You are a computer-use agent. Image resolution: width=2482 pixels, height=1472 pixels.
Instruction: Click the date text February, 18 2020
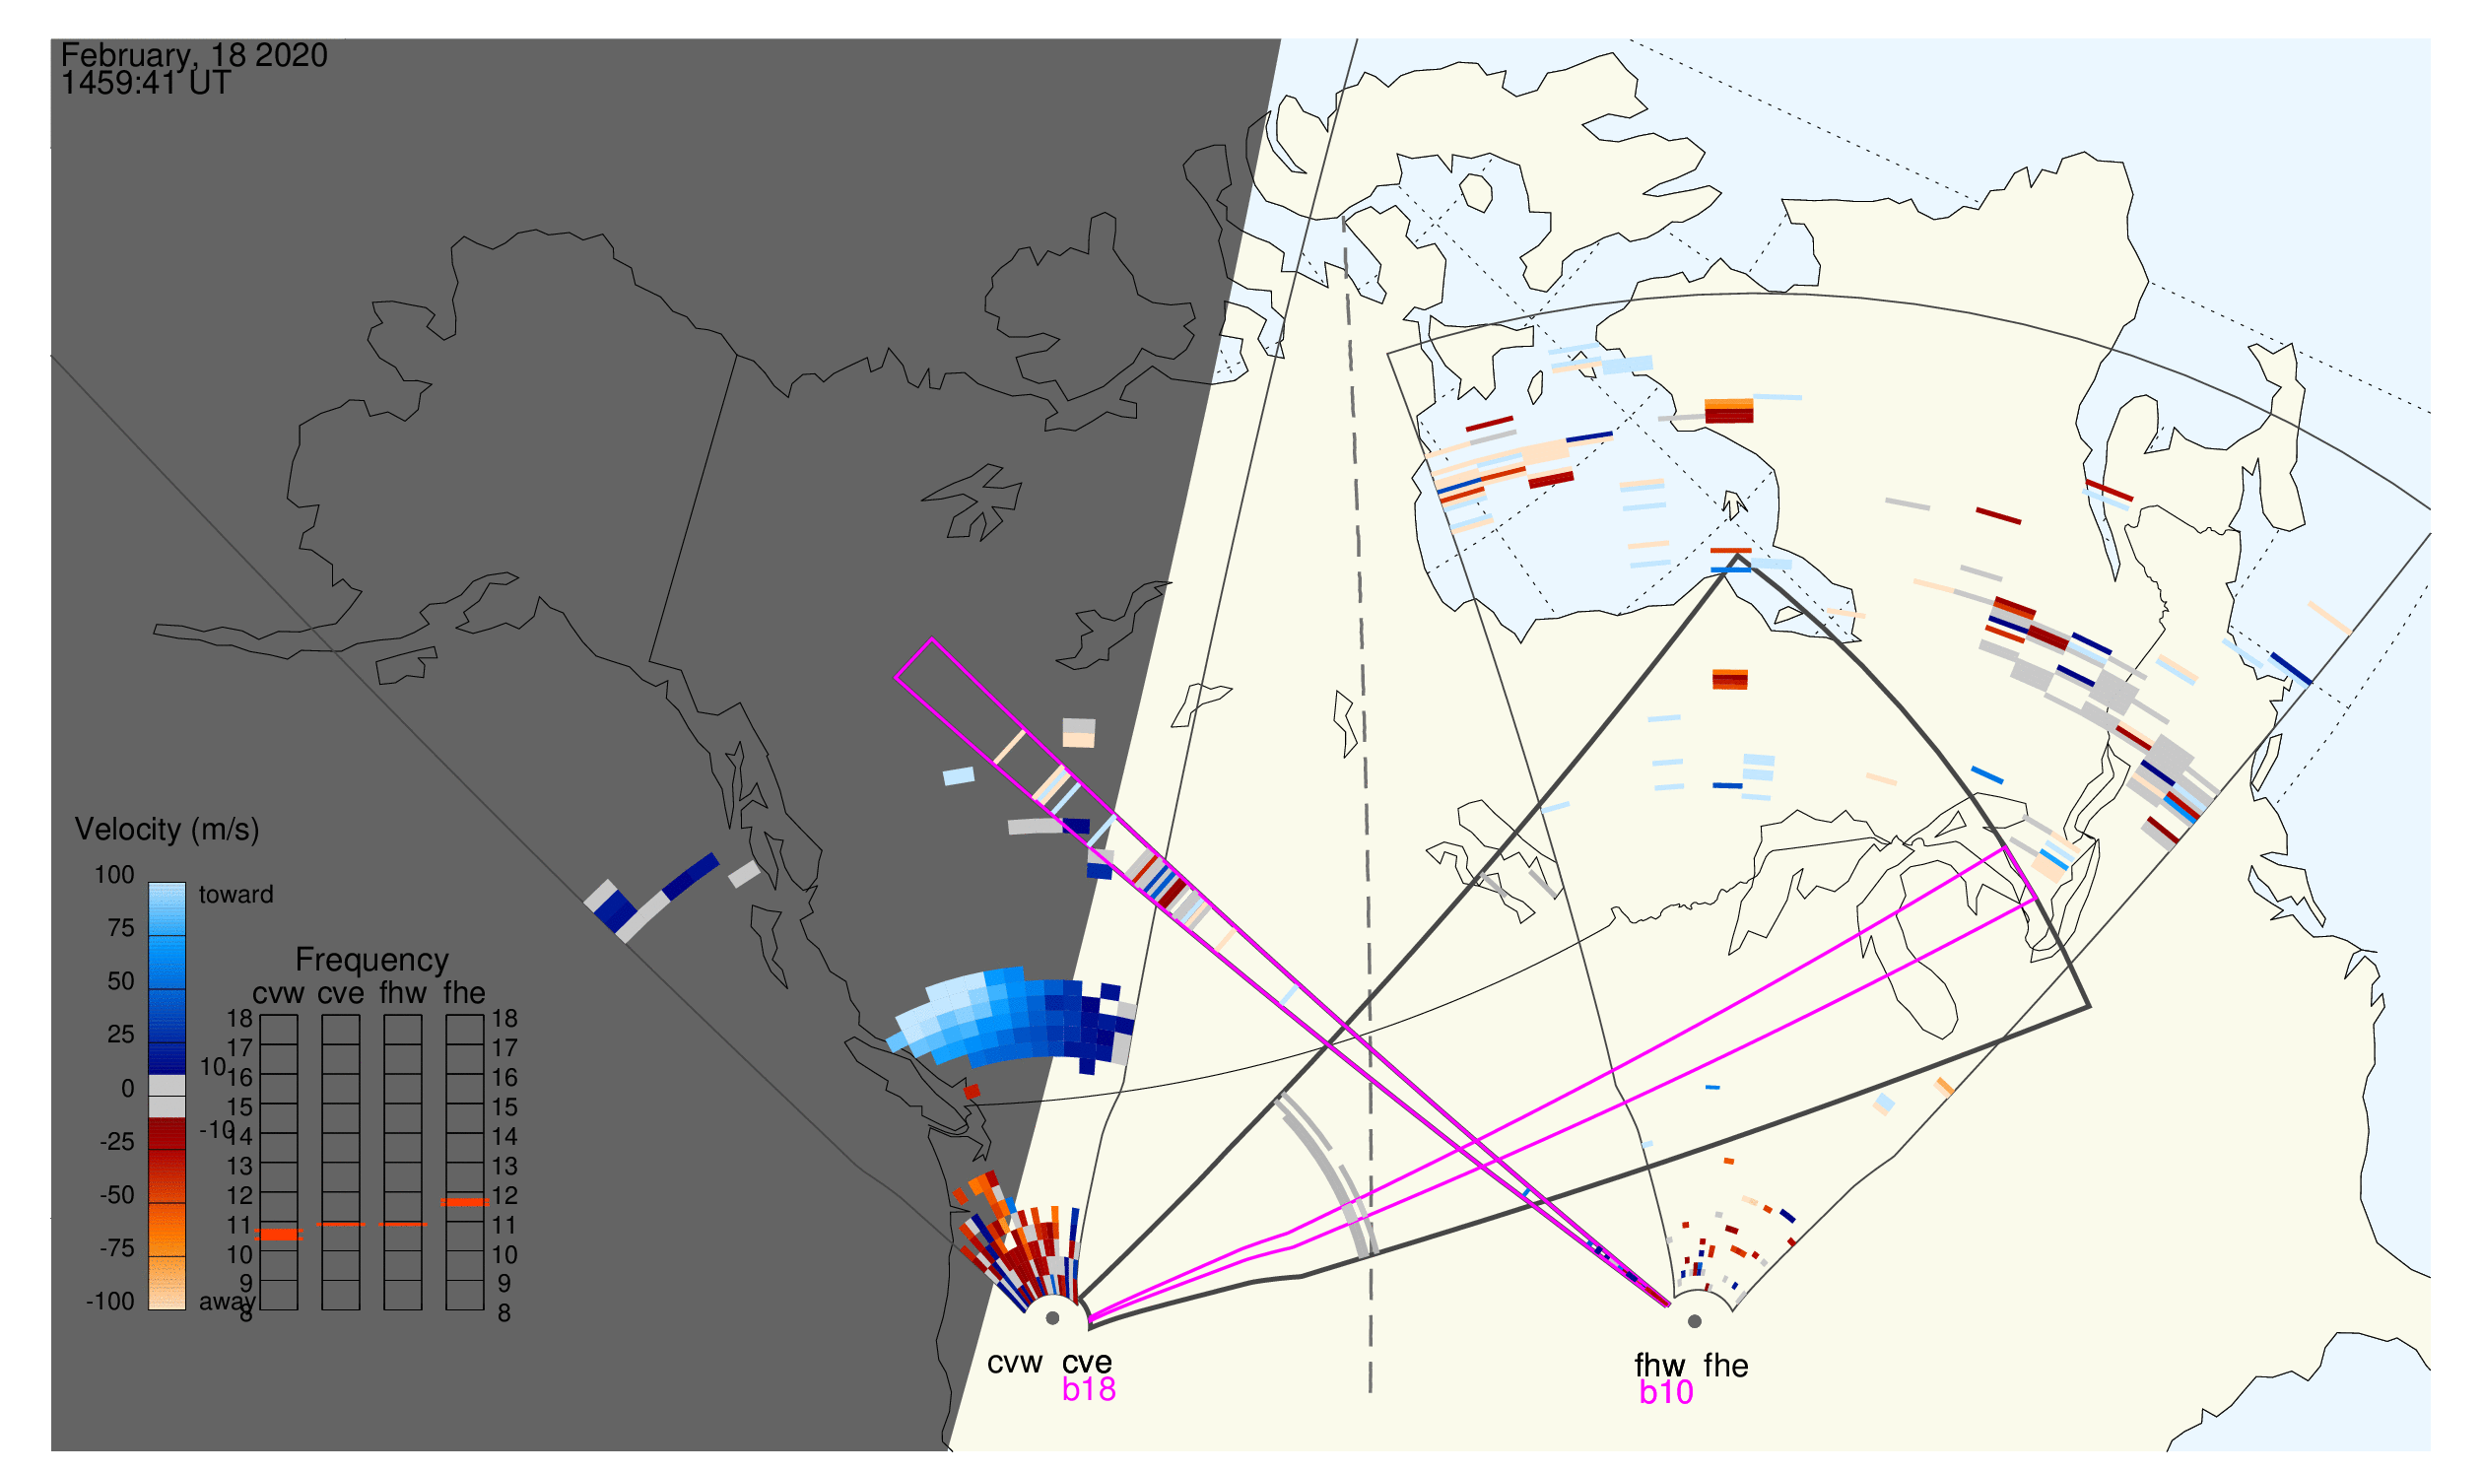click(194, 55)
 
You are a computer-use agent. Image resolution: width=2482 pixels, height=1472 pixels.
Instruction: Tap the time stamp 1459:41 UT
click(146, 84)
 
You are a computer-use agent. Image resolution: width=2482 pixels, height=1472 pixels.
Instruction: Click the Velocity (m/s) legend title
click(168, 831)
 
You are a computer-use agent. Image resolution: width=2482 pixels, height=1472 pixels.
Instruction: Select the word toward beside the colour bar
click(236, 895)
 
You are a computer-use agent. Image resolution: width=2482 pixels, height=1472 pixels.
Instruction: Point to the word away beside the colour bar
click(228, 1303)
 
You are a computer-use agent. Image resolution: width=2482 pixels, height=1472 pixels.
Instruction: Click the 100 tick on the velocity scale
click(114, 875)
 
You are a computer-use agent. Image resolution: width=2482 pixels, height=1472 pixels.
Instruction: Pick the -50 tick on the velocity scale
click(117, 1195)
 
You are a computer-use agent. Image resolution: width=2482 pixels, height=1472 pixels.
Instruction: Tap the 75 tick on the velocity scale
click(121, 928)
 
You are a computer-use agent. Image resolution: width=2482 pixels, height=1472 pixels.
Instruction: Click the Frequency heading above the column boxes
click(372, 961)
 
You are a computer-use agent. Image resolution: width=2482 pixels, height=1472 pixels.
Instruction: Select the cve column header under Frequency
click(340, 994)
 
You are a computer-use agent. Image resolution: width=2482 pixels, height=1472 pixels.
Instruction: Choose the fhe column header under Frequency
click(464, 994)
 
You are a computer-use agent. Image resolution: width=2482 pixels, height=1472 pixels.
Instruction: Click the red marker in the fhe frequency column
click(464, 1202)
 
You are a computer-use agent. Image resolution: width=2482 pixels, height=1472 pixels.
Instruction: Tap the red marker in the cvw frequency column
click(279, 1235)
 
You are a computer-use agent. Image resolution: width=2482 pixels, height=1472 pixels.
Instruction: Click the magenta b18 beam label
click(1089, 1390)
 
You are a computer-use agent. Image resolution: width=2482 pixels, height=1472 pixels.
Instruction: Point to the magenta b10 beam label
click(1666, 1393)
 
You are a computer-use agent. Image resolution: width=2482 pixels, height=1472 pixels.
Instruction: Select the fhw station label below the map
click(1660, 1367)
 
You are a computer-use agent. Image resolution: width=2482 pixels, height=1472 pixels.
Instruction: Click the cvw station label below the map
click(1015, 1364)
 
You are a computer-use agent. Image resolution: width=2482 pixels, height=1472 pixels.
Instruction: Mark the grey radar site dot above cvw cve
click(1052, 1319)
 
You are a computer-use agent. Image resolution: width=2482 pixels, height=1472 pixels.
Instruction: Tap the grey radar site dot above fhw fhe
click(1696, 1322)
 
